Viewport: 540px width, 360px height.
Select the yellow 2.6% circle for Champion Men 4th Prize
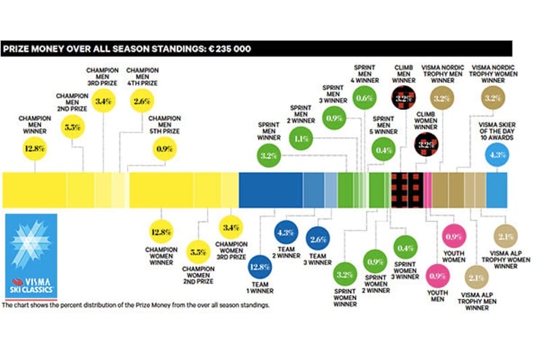click(142, 101)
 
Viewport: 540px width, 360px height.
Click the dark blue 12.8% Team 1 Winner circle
click(262, 267)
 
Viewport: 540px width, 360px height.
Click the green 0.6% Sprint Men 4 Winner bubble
click(364, 99)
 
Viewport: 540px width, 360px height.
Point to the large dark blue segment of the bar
click(271, 190)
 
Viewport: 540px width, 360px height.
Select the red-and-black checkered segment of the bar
click(408, 190)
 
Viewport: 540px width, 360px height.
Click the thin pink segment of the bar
click(428, 190)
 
